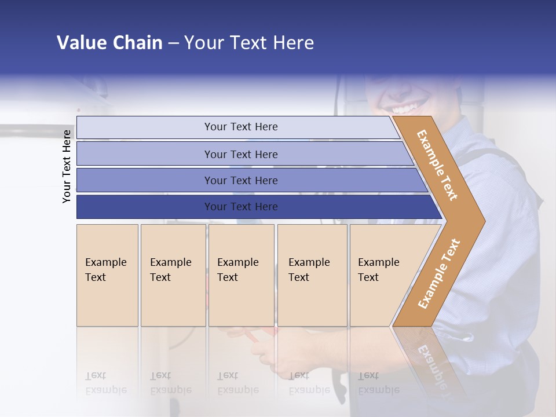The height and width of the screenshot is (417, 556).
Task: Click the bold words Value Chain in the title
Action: (x=109, y=43)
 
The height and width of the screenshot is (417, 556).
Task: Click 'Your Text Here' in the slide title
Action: (x=248, y=43)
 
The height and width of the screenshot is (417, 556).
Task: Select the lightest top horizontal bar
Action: (x=240, y=127)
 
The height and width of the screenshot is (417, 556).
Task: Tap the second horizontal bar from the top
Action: (x=240, y=154)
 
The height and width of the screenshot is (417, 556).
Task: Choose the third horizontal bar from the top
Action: (x=240, y=180)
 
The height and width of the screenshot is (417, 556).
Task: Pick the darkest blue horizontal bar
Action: (x=240, y=207)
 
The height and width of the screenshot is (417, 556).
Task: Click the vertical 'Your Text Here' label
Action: (x=67, y=166)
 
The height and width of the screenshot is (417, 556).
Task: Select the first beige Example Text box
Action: (x=107, y=275)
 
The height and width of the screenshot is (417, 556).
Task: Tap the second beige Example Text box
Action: (x=173, y=275)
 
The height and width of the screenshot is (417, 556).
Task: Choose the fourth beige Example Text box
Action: (x=312, y=275)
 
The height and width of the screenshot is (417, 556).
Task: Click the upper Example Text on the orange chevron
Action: (x=437, y=165)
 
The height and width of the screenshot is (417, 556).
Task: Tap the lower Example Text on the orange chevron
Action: (x=438, y=274)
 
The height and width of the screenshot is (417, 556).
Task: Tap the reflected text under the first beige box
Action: (x=105, y=383)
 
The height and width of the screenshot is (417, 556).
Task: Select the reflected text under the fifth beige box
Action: (x=378, y=383)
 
